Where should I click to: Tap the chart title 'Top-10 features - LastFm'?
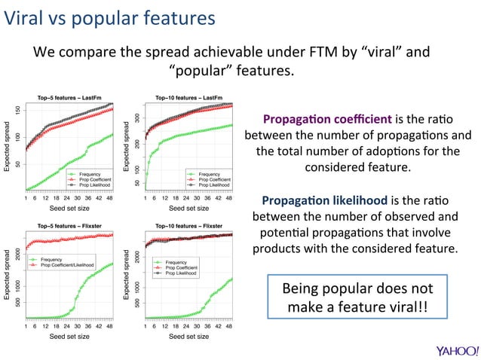[x=191, y=97]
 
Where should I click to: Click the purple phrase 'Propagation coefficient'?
[x=326, y=120]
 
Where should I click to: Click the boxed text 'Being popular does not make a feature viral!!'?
[x=357, y=298]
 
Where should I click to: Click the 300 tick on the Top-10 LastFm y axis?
[x=137, y=118]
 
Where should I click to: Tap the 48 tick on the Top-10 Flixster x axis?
[x=230, y=326]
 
